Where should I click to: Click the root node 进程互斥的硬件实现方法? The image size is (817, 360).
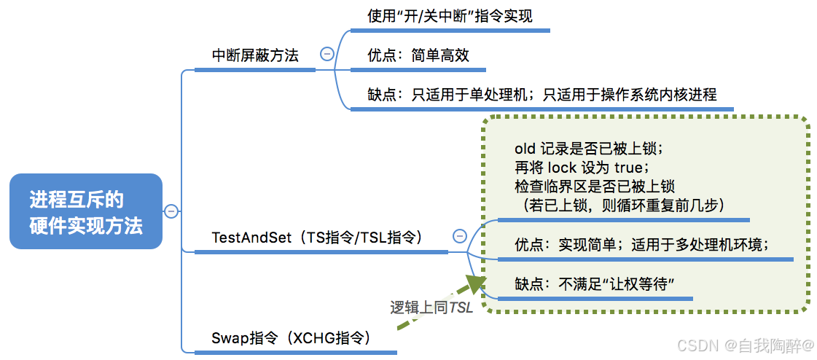coord(86,211)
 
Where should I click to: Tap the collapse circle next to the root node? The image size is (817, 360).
coord(171,211)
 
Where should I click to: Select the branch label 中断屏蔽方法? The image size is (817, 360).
coord(255,55)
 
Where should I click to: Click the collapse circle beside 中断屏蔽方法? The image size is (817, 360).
coord(327,53)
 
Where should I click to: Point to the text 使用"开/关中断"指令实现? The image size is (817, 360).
coord(450,16)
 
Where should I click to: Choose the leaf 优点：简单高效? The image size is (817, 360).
coord(418,55)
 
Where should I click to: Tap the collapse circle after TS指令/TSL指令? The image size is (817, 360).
coord(460,235)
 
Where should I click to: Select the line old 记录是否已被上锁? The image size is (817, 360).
coord(588,149)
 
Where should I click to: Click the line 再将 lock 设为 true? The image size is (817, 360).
coord(587,168)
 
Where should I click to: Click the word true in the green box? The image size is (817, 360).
coord(643,168)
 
